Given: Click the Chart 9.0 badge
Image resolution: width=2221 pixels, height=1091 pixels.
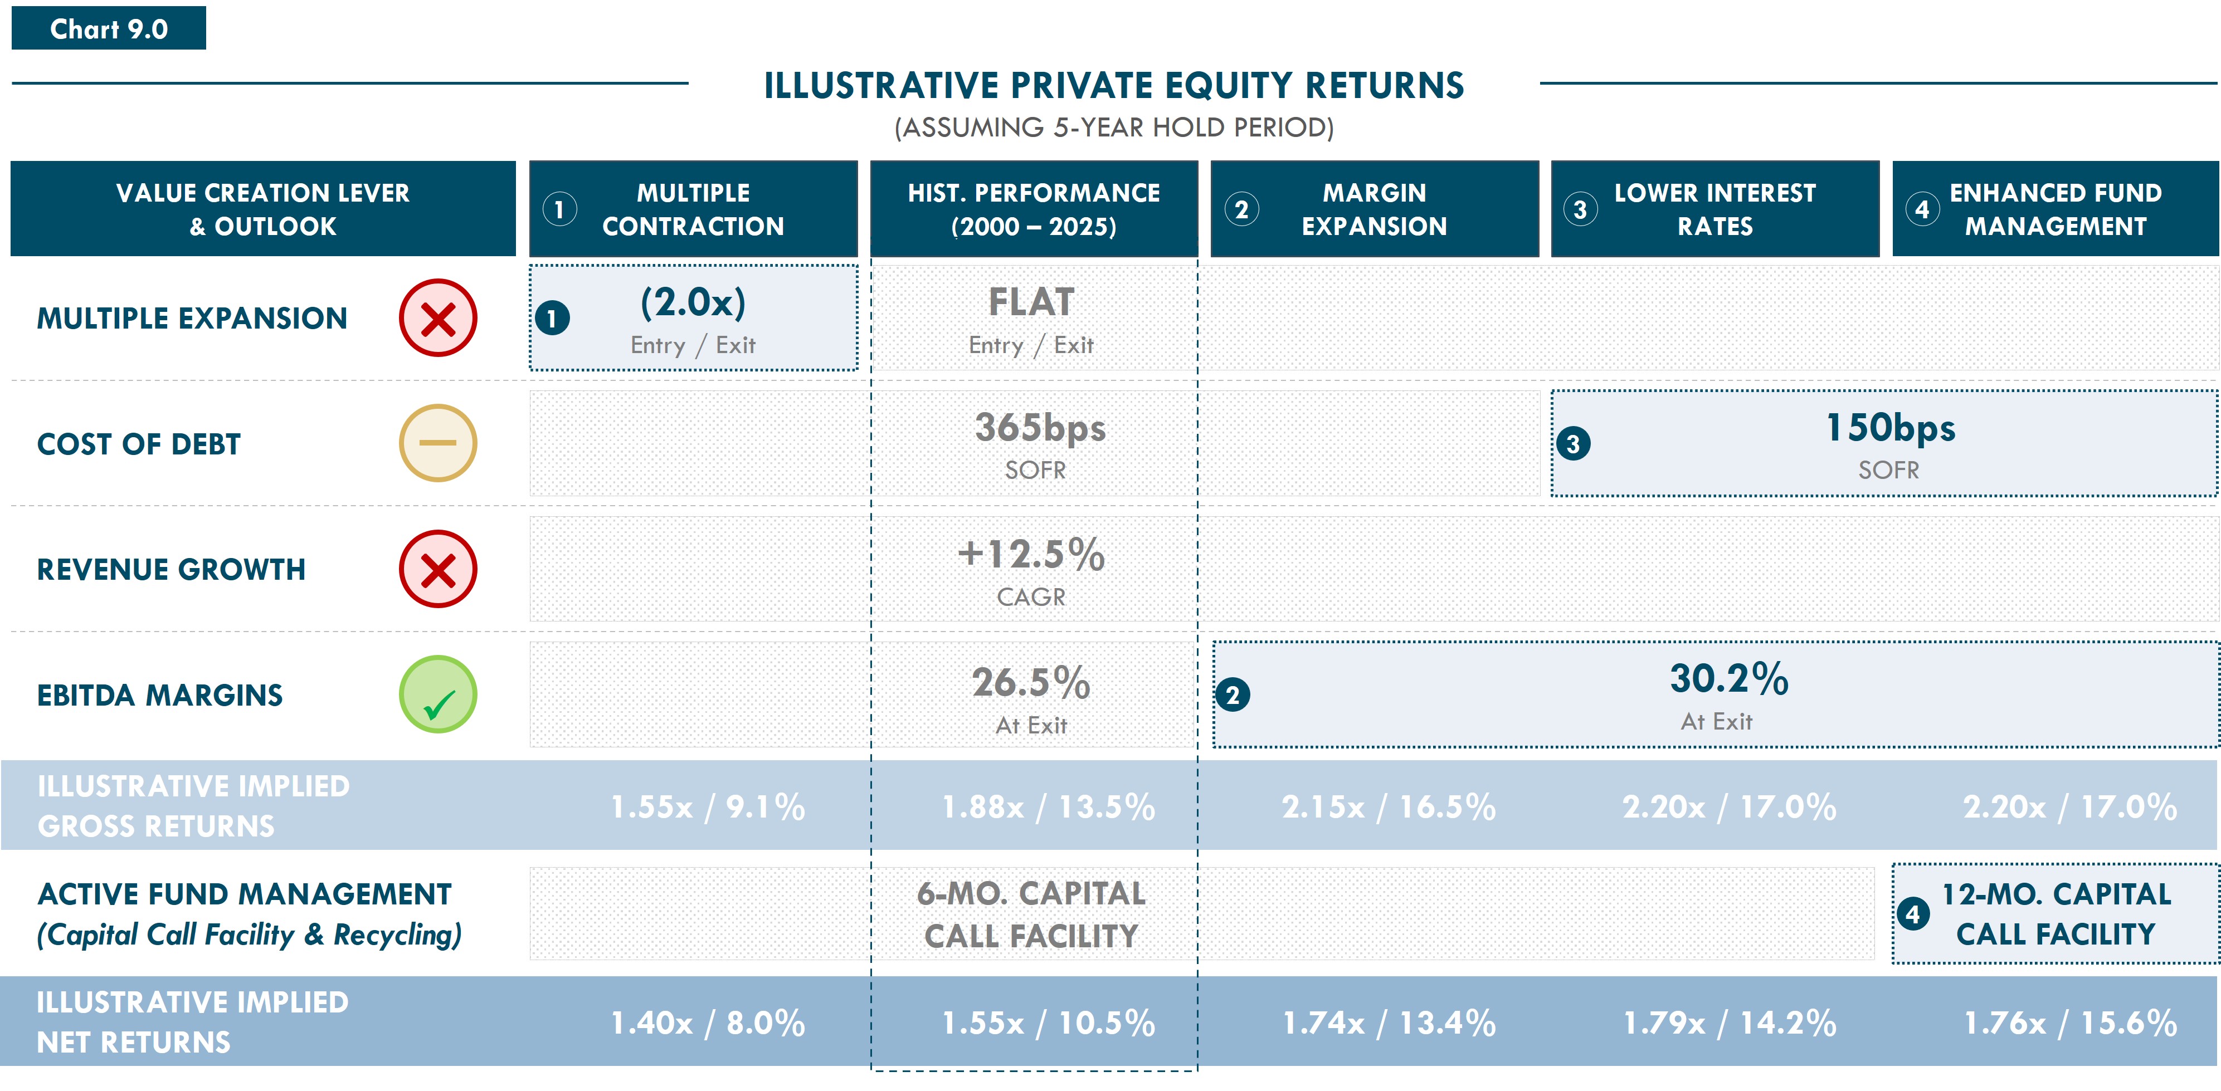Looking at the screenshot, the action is [x=109, y=28].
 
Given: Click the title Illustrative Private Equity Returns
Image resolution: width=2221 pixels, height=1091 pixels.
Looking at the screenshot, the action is [x=1114, y=85].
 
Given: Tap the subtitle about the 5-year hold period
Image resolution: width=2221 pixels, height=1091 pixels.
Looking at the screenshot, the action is [x=1114, y=128].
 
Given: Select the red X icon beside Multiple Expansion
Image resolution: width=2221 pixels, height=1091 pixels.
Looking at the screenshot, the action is [x=438, y=318].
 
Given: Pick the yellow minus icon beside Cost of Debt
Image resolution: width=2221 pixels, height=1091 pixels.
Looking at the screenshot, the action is [x=438, y=443].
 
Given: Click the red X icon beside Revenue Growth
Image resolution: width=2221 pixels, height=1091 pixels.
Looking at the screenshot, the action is [x=438, y=569].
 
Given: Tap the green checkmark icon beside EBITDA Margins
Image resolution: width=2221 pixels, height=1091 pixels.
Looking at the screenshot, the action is [x=438, y=694].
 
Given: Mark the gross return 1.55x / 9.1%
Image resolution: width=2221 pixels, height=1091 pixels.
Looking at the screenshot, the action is [x=708, y=806].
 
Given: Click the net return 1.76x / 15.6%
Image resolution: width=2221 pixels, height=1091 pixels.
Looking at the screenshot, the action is [x=2070, y=1023].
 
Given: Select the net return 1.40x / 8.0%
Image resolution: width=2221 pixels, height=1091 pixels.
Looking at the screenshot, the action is [x=708, y=1023].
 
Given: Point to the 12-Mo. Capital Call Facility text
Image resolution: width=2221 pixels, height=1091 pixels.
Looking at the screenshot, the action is [x=2056, y=914].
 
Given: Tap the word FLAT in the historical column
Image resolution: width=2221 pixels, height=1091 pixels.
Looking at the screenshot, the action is [x=1031, y=302].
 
